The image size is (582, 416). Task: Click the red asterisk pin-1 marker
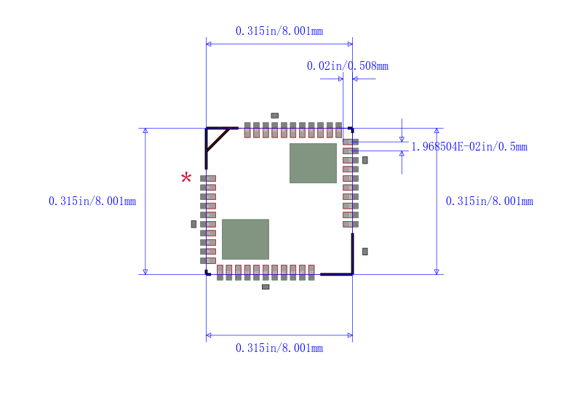point(186,177)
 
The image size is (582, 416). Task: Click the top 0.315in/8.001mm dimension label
point(279,31)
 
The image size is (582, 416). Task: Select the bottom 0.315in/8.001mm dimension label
point(279,348)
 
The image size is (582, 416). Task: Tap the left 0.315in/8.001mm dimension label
point(92,201)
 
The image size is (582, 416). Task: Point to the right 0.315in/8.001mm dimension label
point(489,201)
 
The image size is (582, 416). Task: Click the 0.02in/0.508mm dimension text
point(348,66)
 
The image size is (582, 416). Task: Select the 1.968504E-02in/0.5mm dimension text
point(469,147)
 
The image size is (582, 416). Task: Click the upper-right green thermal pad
point(313,164)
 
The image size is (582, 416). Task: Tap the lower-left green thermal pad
point(245,239)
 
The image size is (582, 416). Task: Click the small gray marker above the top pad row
point(275,116)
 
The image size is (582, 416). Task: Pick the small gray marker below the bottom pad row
point(266,287)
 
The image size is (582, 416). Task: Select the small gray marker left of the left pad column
point(194,224)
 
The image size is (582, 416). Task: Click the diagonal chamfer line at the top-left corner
point(218,140)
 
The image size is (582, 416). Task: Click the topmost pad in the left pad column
point(208,178)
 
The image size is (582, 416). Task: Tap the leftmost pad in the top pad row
point(247,130)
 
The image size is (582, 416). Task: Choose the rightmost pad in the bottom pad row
point(311,273)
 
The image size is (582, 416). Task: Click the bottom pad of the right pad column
point(351,224)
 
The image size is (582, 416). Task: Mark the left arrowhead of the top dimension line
point(209,44)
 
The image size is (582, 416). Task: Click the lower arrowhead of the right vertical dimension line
point(436,272)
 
